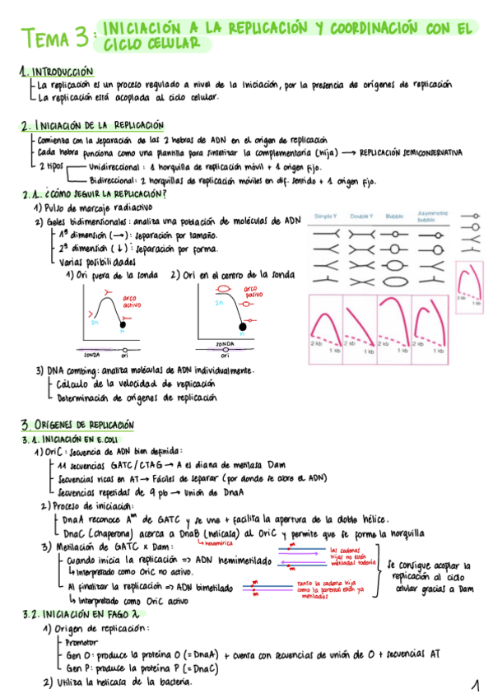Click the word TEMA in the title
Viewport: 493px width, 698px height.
pos(48,37)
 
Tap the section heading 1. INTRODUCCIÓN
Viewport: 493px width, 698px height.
pos(56,72)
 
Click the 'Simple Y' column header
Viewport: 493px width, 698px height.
pos(325,216)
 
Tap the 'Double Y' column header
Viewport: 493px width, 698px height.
pos(360,216)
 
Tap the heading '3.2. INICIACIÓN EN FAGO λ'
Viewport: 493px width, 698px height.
pos(73,614)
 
